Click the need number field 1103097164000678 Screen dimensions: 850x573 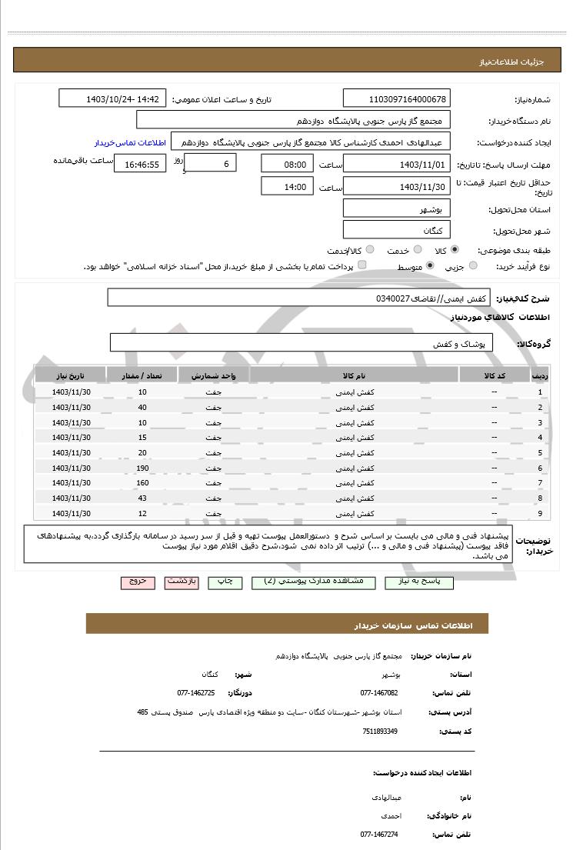[x=397, y=99]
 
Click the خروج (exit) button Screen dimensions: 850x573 [x=138, y=582]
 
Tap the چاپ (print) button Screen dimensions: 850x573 [x=225, y=582]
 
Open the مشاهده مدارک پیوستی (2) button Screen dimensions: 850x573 [x=313, y=582]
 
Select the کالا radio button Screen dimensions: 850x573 [x=455, y=250]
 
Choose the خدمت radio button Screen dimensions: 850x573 [x=417, y=250]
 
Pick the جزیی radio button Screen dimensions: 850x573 [x=472, y=265]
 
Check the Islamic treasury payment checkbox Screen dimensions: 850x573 [x=362, y=265]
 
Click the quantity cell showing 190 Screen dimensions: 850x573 [x=142, y=468]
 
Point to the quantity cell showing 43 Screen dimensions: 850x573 [x=142, y=498]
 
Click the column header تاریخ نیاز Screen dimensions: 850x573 [x=71, y=375]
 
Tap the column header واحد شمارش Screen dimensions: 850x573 [x=213, y=375]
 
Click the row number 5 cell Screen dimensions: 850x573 [x=540, y=453]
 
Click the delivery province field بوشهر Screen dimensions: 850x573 [x=397, y=208]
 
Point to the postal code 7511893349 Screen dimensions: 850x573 [x=380, y=731]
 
